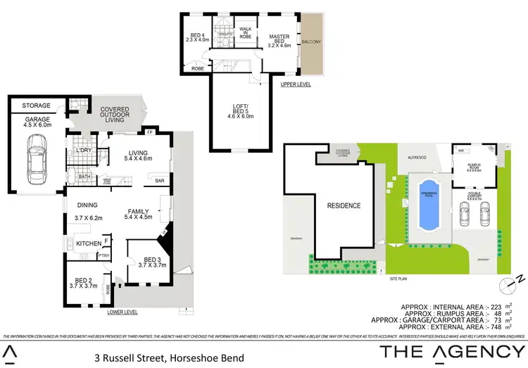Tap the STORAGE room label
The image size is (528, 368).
coord(36,106)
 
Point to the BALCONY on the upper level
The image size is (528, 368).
coord(311,42)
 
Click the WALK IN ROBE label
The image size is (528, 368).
coord(246,32)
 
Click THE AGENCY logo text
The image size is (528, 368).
coord(453,351)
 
